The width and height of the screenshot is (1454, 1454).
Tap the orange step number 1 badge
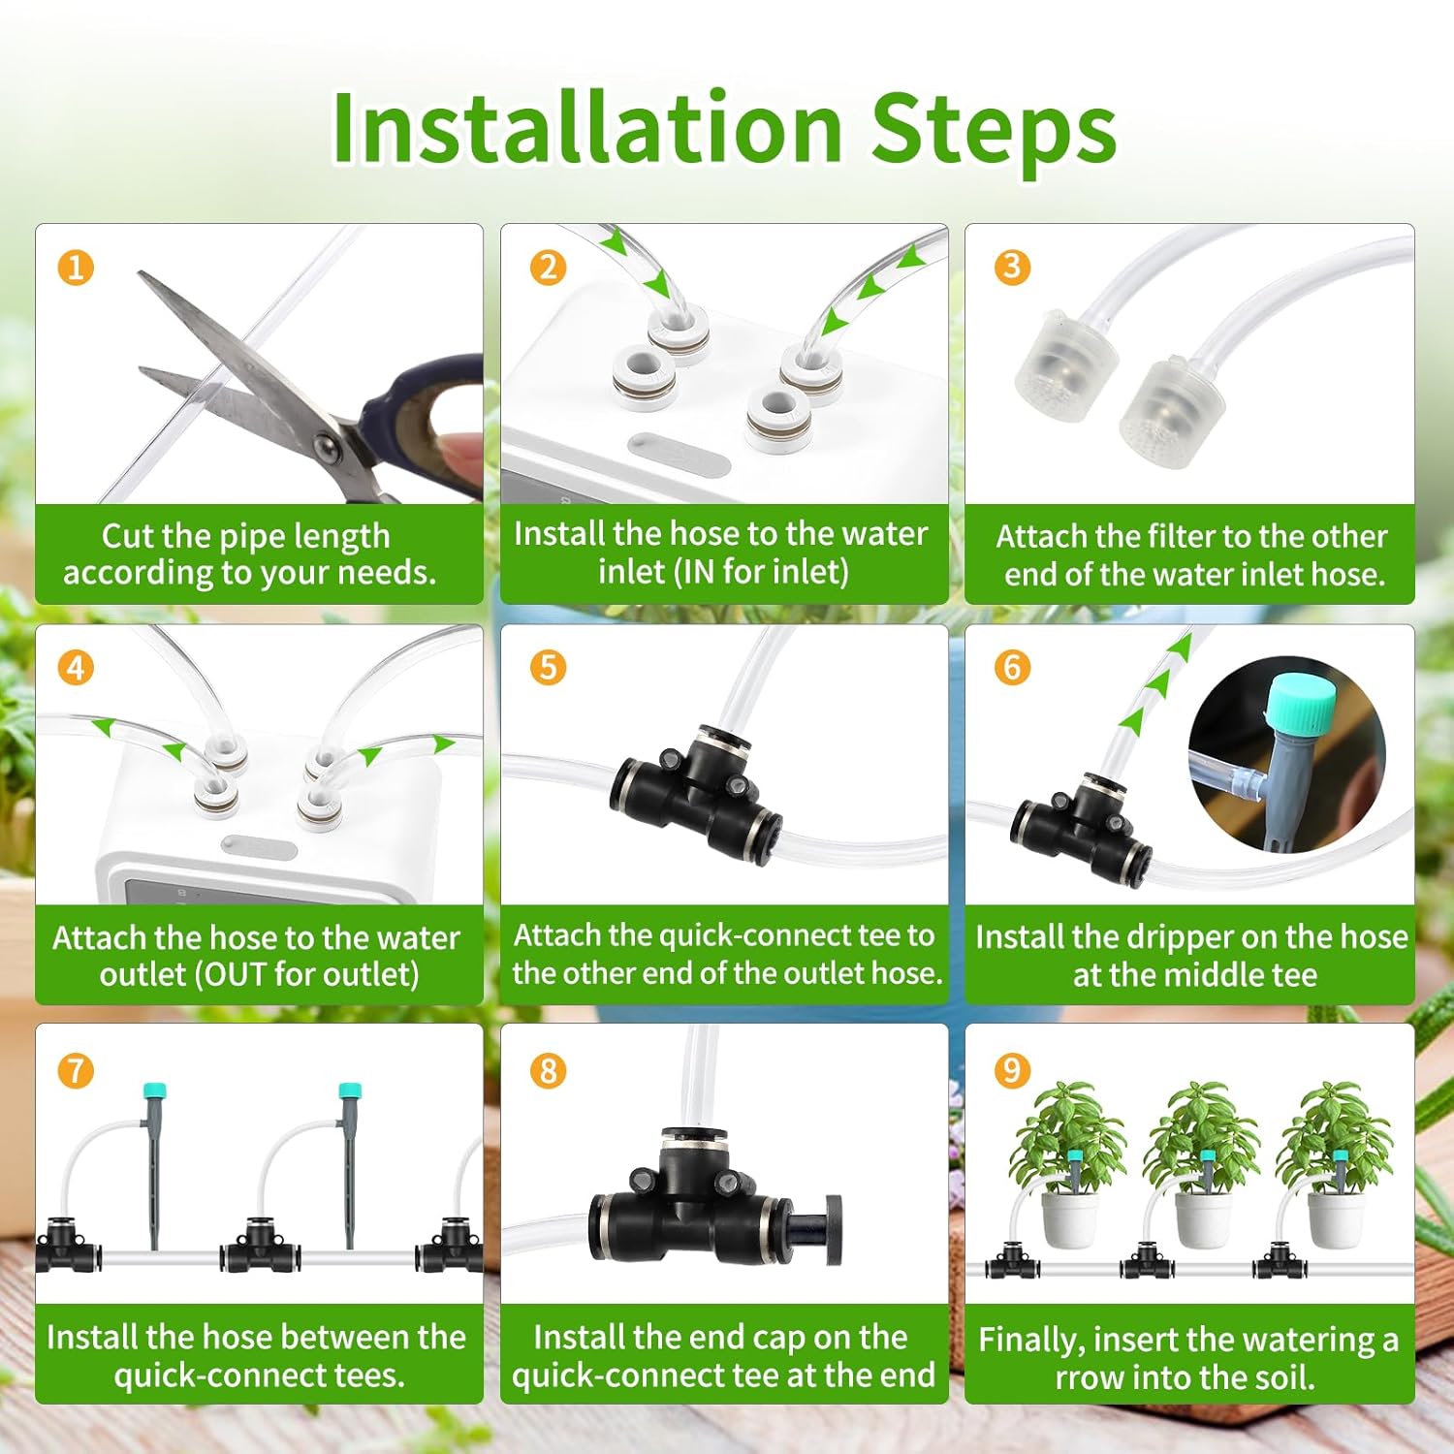[x=76, y=267]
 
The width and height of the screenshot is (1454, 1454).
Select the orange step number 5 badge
[x=548, y=667]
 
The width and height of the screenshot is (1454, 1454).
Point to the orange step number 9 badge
[x=1012, y=1069]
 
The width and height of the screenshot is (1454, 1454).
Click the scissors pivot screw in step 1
[x=327, y=447]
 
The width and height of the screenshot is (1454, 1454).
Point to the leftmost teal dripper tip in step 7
[x=152, y=1090]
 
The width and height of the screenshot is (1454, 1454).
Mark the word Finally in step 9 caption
[x=1030, y=1340]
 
